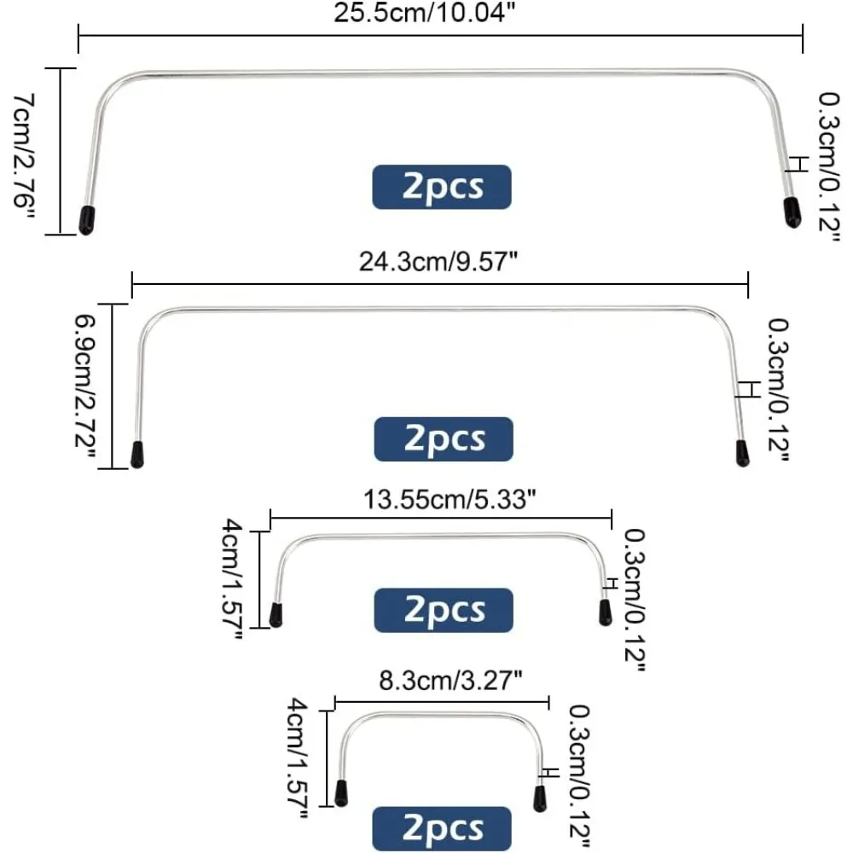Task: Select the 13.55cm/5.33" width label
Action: point(440,500)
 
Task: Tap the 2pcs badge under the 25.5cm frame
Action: point(442,187)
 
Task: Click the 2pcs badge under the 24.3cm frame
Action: point(444,439)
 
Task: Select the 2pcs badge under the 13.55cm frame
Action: point(444,611)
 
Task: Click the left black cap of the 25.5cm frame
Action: point(86,219)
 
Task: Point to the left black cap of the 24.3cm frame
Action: point(136,454)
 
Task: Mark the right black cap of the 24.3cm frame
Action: point(741,452)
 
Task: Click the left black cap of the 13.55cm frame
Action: point(276,615)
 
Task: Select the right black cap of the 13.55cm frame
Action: point(605,612)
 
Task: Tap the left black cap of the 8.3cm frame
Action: point(342,793)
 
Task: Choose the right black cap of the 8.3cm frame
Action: point(540,798)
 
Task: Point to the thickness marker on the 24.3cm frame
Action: point(748,389)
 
